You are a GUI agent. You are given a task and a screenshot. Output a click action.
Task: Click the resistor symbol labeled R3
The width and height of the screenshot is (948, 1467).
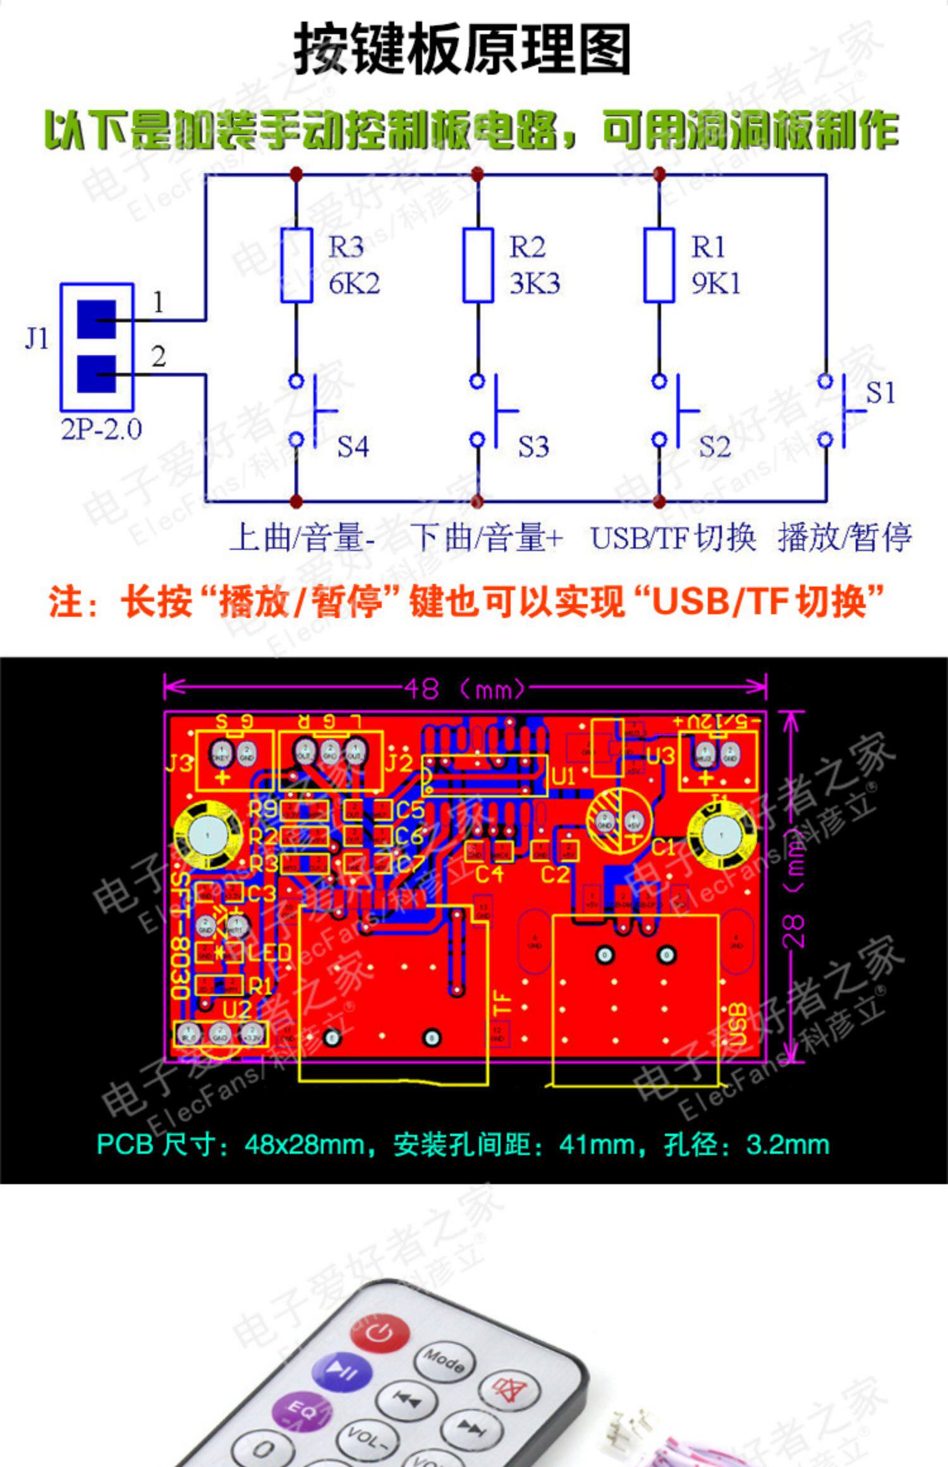296,265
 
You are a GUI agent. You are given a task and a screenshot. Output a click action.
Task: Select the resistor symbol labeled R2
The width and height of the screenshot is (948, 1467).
478,265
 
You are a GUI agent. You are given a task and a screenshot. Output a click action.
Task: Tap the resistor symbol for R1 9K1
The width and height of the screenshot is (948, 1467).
659,265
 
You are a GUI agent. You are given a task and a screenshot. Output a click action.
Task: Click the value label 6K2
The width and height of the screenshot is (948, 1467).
354,284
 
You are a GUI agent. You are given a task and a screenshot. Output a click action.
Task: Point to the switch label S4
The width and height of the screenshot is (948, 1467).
353,447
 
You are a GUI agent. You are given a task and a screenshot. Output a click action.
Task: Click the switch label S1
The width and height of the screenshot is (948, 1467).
880,393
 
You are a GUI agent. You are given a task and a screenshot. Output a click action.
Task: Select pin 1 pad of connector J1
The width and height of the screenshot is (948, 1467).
97,319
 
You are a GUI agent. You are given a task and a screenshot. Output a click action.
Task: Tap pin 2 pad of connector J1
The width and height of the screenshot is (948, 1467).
97,374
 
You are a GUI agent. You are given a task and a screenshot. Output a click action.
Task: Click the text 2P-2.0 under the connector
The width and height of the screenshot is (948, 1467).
101,430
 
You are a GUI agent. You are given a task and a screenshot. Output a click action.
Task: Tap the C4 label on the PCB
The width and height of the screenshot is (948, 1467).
489,875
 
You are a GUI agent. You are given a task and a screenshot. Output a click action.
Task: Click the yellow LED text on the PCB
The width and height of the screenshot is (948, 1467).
269,952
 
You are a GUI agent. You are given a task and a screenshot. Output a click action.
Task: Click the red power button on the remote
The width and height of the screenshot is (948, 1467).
379,1332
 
